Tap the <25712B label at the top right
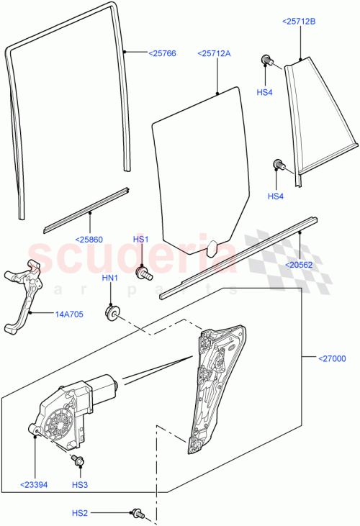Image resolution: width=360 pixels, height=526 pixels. click(x=297, y=22)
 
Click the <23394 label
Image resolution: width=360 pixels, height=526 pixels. click(x=34, y=484)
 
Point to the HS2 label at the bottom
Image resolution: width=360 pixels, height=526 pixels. click(x=80, y=513)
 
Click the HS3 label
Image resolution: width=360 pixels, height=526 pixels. click(x=79, y=484)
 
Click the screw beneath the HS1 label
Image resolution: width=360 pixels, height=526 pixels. click(x=144, y=273)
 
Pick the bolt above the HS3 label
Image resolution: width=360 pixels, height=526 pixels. click(x=76, y=460)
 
